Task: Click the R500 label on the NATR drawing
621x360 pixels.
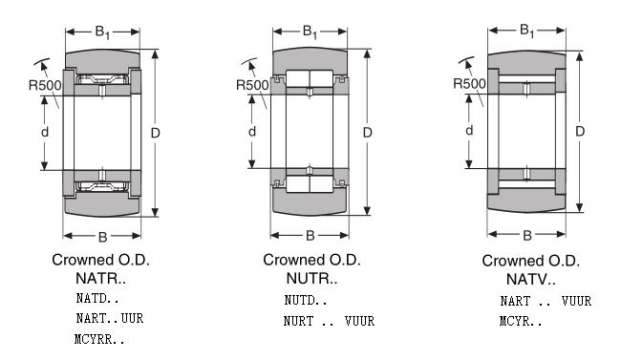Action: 45,85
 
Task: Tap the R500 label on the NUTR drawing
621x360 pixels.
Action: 252,85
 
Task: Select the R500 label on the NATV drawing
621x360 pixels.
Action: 469,84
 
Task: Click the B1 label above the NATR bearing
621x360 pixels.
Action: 102,32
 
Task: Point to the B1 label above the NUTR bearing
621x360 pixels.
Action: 310,32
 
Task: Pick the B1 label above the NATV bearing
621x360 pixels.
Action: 527,31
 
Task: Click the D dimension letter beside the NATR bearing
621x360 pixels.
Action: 155,133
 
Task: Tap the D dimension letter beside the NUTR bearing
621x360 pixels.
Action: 368,133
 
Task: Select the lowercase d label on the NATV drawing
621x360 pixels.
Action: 469,130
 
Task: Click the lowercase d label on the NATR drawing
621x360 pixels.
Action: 45,132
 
